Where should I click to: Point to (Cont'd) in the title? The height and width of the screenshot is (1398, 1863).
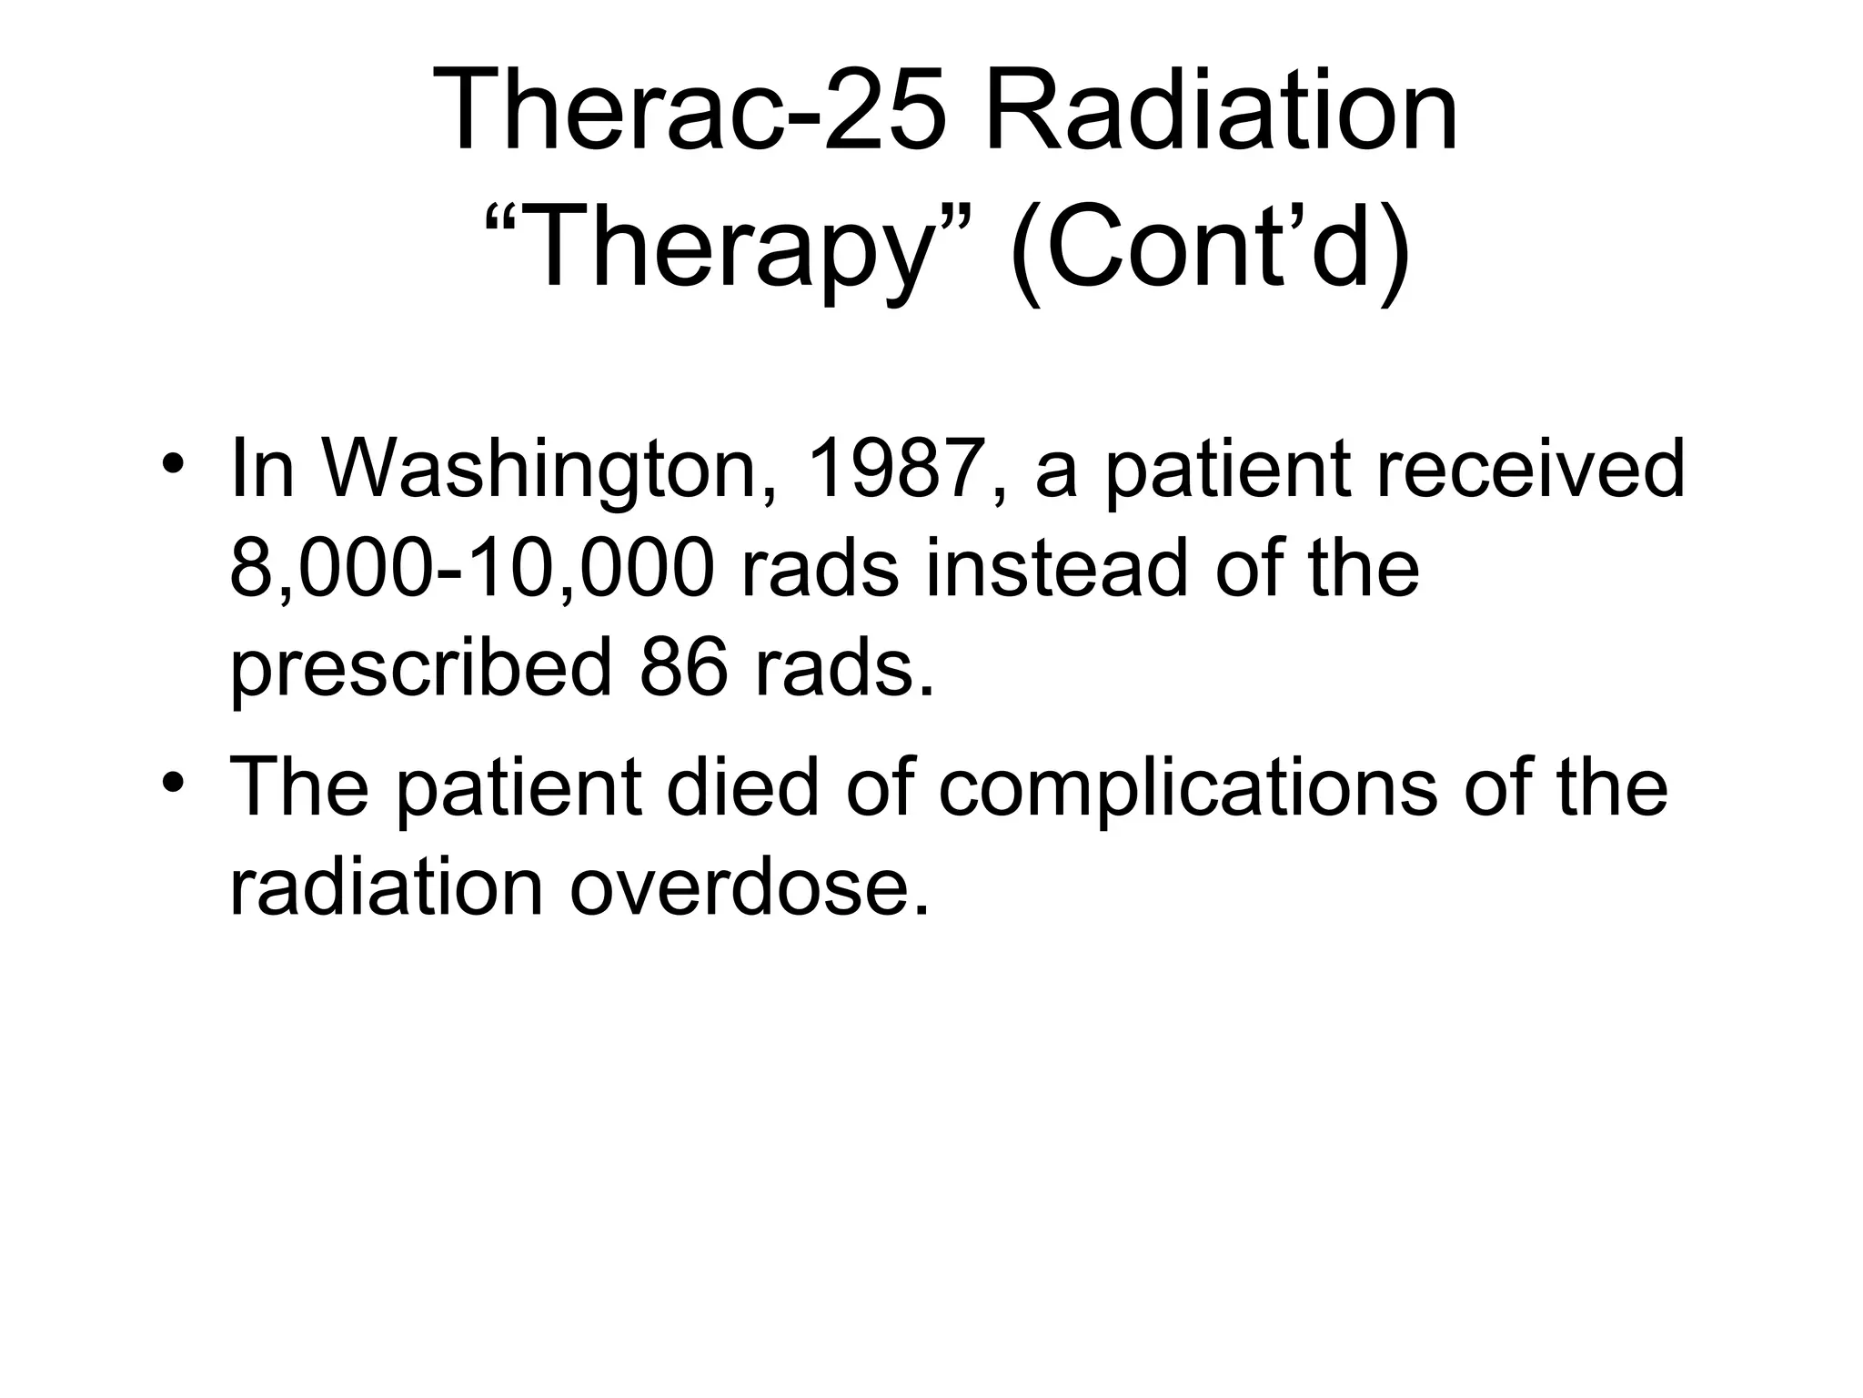1210,248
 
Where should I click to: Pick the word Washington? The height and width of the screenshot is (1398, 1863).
540,471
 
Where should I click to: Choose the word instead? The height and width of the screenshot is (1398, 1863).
1056,568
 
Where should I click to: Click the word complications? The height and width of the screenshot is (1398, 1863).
1187,790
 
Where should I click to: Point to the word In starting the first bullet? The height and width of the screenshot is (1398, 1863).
263,470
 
